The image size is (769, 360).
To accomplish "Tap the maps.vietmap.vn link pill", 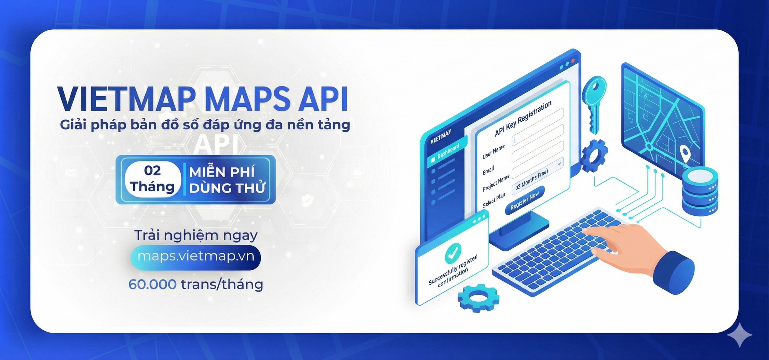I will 196,257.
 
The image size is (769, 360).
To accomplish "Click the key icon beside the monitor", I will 594,102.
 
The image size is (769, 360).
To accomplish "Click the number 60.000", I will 152,284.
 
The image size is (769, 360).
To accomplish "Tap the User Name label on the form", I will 493,152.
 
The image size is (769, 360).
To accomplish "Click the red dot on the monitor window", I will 573,61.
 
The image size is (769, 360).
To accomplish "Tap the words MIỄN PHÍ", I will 221,172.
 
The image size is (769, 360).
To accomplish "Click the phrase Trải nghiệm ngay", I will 196,235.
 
